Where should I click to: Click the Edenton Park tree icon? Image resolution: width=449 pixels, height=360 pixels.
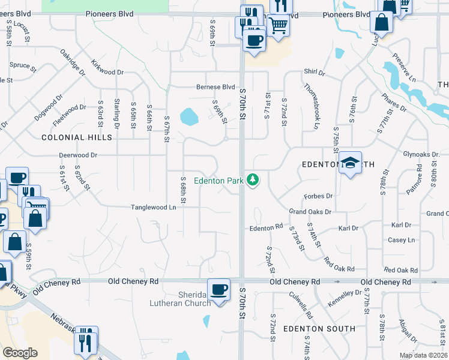tap(254, 180)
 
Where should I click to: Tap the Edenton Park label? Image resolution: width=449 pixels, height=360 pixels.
tap(218, 181)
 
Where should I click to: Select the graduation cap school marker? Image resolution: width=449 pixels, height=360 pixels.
tap(350, 163)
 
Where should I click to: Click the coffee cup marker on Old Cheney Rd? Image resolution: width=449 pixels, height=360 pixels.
tap(218, 290)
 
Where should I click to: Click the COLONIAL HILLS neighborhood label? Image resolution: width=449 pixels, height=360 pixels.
tap(77, 137)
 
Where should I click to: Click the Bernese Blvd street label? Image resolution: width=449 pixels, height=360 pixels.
tap(215, 87)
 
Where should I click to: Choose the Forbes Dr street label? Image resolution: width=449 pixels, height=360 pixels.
tap(318, 196)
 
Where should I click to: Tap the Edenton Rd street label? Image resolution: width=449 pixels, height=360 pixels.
tap(266, 227)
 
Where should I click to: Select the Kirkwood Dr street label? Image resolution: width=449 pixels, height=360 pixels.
tap(107, 67)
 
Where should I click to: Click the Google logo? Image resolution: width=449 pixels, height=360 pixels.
tap(20, 353)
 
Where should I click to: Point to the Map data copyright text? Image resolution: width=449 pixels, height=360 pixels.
tap(423, 355)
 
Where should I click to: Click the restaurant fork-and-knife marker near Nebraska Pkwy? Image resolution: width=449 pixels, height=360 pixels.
tap(85, 340)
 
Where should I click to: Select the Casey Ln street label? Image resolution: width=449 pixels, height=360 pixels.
tap(402, 240)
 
